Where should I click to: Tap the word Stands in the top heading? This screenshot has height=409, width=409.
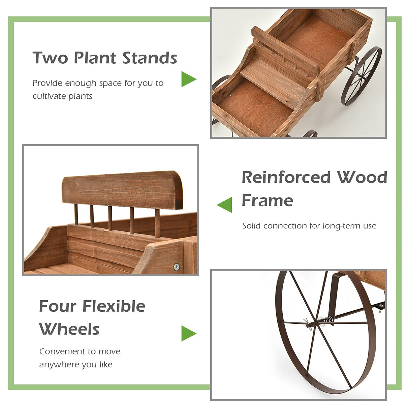point(150,58)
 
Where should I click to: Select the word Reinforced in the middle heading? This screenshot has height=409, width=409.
point(286,178)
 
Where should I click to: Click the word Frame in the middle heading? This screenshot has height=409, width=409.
point(267,200)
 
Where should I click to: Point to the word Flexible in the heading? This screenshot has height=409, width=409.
point(114,306)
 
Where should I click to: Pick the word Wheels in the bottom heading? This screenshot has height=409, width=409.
point(69,329)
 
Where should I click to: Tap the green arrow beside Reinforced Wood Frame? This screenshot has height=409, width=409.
point(225,204)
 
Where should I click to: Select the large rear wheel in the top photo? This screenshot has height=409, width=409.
point(361,76)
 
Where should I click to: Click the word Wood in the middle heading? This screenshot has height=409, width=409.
point(362,178)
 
